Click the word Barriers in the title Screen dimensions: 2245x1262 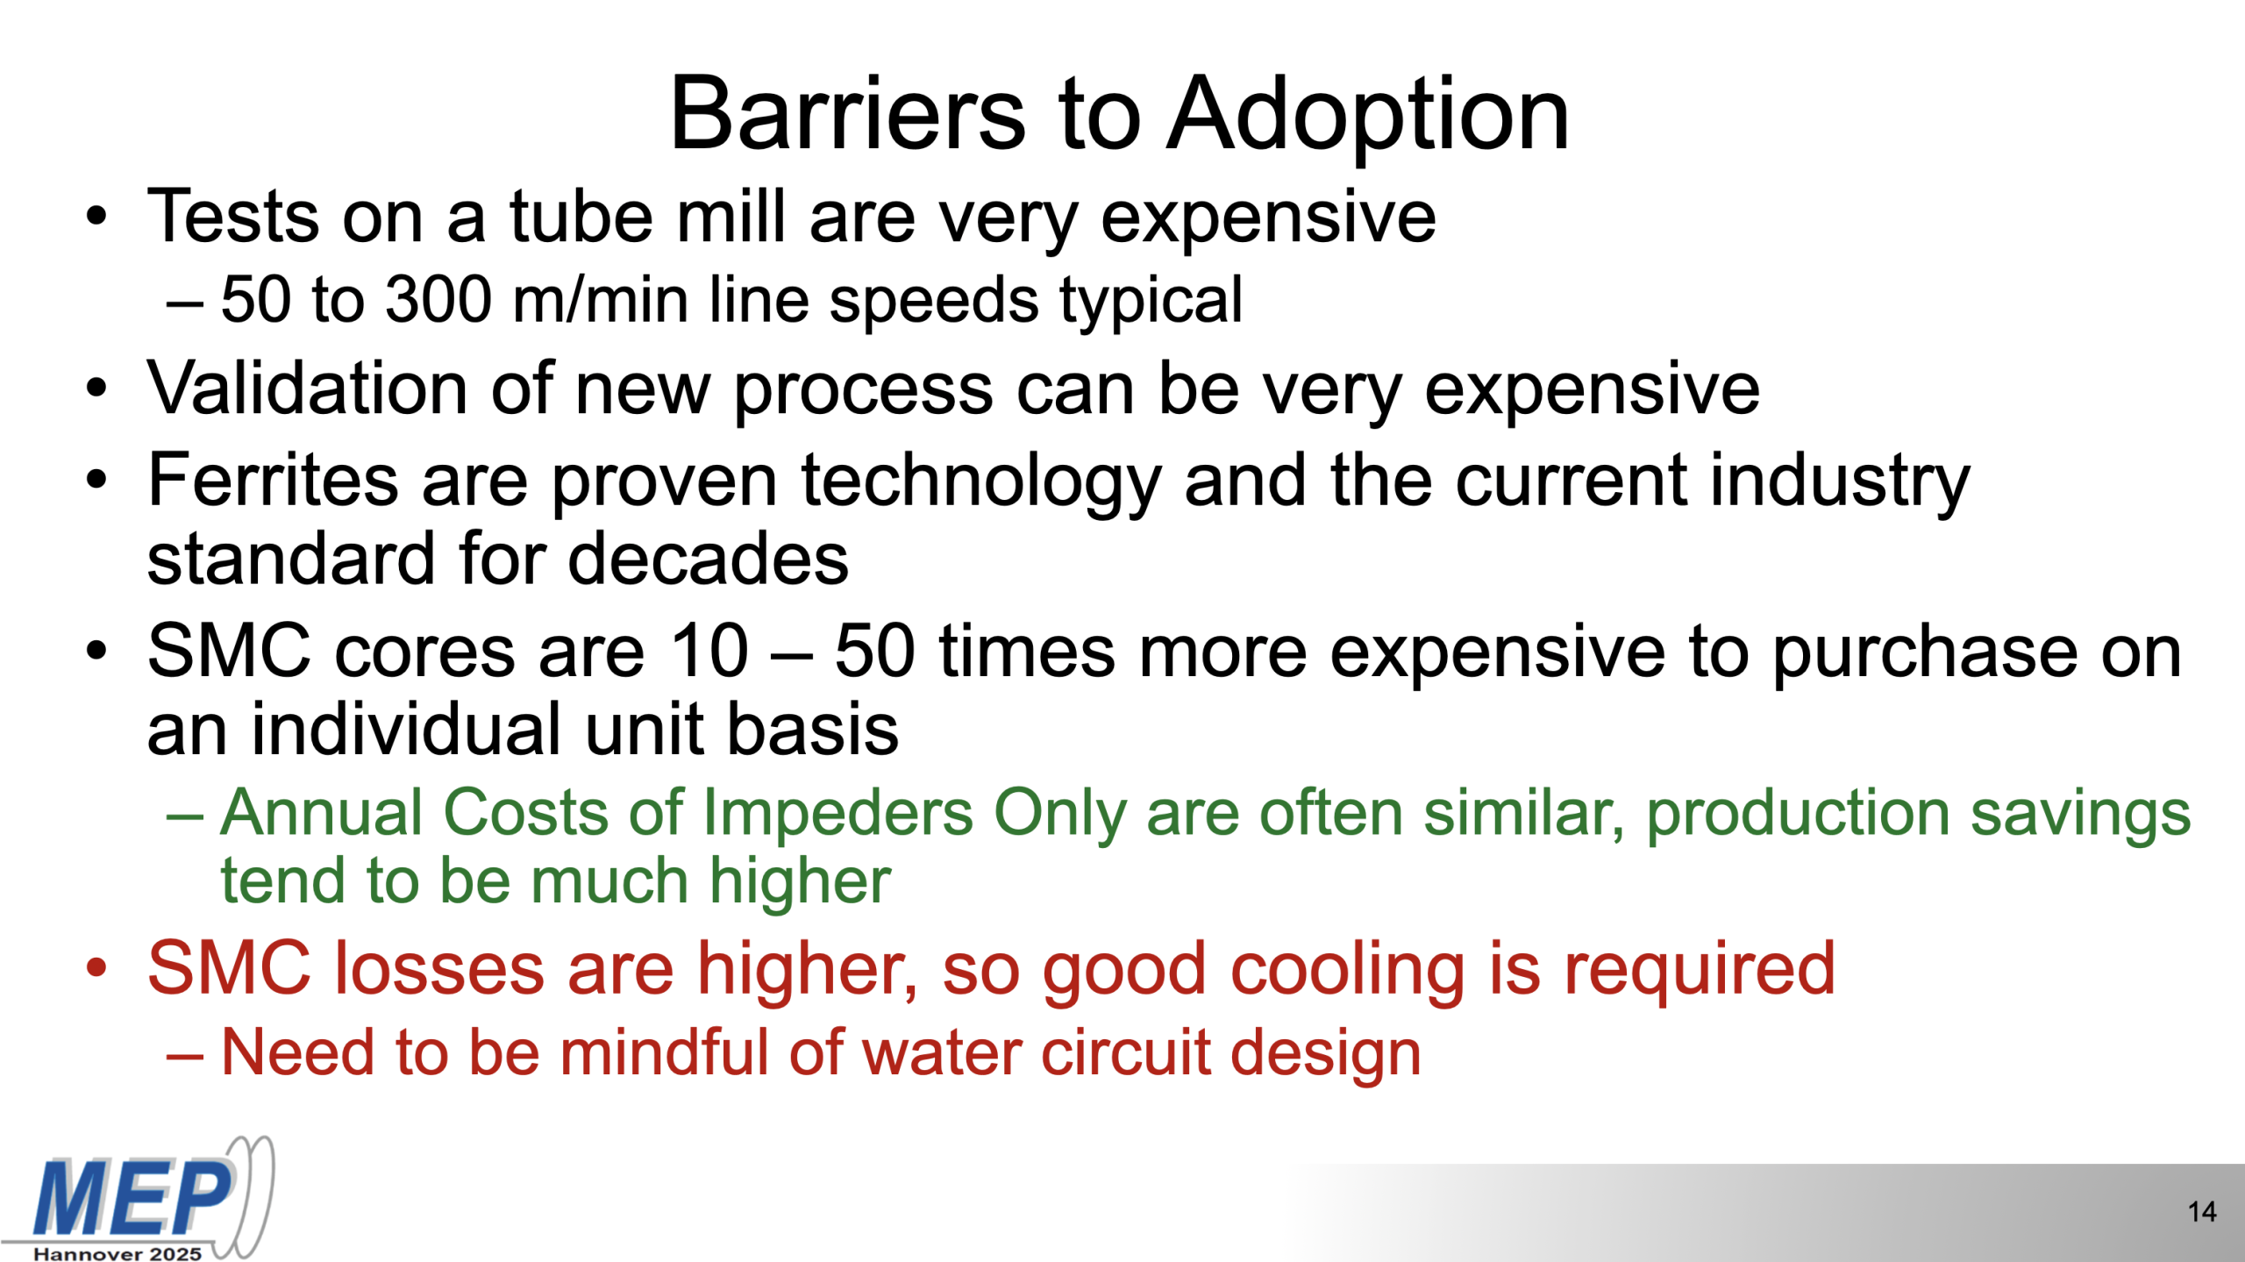coord(847,114)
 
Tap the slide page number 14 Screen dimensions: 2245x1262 coord(2202,1212)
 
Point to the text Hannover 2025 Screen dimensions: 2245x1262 coord(118,1254)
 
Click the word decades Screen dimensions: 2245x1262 coord(708,558)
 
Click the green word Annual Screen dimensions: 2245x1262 coord(326,812)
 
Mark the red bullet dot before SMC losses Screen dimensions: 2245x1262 coord(96,968)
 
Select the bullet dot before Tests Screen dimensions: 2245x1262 coord(96,216)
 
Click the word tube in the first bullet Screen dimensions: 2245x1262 coord(581,216)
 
